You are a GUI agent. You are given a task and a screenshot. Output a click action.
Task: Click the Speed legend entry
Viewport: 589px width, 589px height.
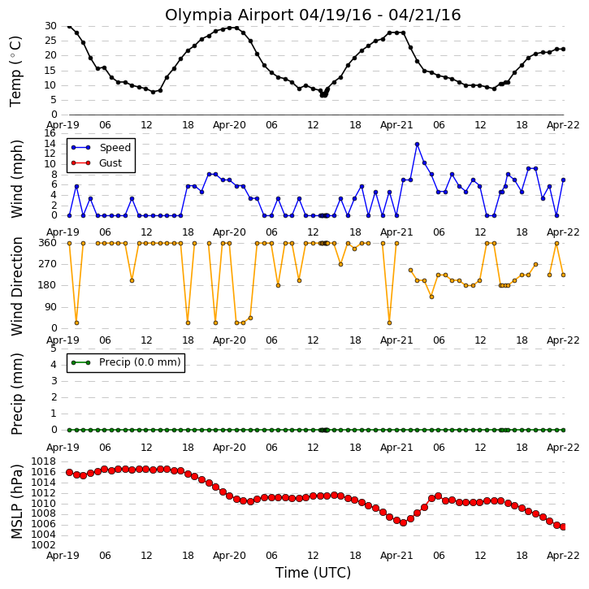coord(102,148)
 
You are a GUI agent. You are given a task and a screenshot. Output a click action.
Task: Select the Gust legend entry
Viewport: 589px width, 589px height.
coord(97,163)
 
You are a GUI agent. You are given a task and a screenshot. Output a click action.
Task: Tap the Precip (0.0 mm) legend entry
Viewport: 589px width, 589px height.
coord(126,362)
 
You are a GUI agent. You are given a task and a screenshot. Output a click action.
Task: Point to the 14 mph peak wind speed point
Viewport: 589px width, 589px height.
coord(417,145)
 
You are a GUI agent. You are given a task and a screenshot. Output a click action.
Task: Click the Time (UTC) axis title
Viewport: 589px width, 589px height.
coord(313,573)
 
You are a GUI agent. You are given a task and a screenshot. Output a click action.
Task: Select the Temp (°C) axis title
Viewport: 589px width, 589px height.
coord(15,71)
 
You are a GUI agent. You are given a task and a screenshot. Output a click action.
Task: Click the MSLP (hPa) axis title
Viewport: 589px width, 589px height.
coord(16,502)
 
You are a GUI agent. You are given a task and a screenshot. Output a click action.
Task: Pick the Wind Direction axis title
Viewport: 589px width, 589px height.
coord(17,286)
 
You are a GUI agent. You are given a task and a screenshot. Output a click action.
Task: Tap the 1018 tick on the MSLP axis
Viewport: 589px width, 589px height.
coord(43,461)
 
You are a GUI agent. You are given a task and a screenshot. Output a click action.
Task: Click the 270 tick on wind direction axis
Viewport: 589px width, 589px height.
coord(48,264)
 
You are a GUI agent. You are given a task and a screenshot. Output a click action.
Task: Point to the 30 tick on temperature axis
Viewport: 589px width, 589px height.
coord(50,26)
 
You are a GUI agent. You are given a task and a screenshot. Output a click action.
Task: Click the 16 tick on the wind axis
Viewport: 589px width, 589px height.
coord(50,133)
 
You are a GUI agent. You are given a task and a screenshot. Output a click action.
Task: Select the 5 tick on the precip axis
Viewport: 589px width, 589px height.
coord(54,349)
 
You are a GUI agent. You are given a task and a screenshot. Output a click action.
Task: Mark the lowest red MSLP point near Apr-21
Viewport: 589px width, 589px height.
coord(404,522)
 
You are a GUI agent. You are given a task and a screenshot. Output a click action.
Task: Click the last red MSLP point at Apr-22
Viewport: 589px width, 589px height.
coord(563,527)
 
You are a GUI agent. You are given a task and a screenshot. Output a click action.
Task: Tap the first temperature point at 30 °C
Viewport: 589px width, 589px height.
coord(69,26)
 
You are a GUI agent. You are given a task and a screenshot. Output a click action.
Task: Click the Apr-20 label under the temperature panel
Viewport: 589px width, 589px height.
coord(229,125)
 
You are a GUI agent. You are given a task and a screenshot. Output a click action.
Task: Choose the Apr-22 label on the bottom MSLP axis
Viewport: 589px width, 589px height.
coord(563,556)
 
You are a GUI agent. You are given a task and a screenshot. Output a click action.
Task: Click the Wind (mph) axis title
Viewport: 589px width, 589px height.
coord(17,180)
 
